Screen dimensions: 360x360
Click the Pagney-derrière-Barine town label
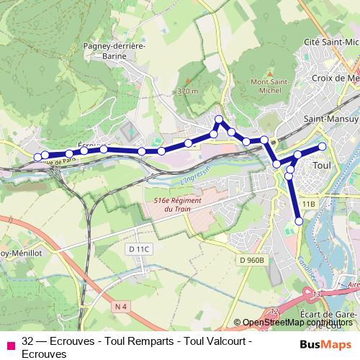pos(114,50)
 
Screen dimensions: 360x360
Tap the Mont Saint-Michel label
pos(271,86)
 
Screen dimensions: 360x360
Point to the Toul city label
pos(322,166)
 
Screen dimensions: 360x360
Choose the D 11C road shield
pos(140,249)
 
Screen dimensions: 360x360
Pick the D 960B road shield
pos(253,260)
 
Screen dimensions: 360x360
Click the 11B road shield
pos(309,204)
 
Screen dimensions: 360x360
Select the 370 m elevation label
pos(186,91)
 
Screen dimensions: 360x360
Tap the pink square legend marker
pos(10,345)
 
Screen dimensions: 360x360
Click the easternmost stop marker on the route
pos(322,146)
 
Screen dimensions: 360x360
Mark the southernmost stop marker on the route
pos(299,221)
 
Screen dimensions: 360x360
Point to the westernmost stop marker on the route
pos(37,156)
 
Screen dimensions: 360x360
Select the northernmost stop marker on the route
pos(219,119)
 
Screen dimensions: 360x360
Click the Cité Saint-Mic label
pos(332,43)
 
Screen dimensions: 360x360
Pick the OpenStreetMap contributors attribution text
pos(298,323)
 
